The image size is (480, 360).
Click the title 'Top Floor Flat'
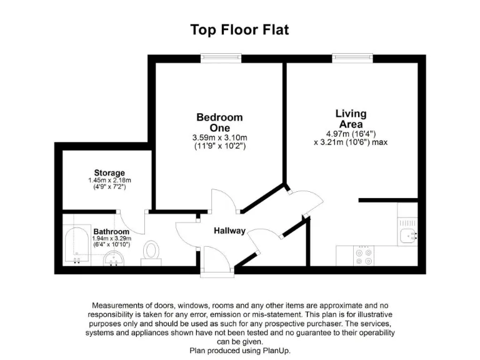(x=239, y=30)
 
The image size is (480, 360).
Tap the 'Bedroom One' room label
(x=219, y=122)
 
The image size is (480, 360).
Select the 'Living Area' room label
(x=351, y=119)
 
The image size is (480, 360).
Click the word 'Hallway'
(x=229, y=231)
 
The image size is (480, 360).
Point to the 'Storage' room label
(x=109, y=172)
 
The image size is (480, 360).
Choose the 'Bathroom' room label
(x=111, y=232)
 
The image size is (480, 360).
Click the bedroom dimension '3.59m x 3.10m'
(x=219, y=137)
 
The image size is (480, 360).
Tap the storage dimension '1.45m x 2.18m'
(x=109, y=180)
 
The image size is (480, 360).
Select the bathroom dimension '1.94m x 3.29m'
(x=111, y=239)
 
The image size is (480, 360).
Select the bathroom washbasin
(x=114, y=259)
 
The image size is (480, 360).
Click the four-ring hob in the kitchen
(x=364, y=257)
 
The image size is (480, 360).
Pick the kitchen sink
(x=408, y=236)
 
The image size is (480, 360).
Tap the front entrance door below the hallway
(x=216, y=271)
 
